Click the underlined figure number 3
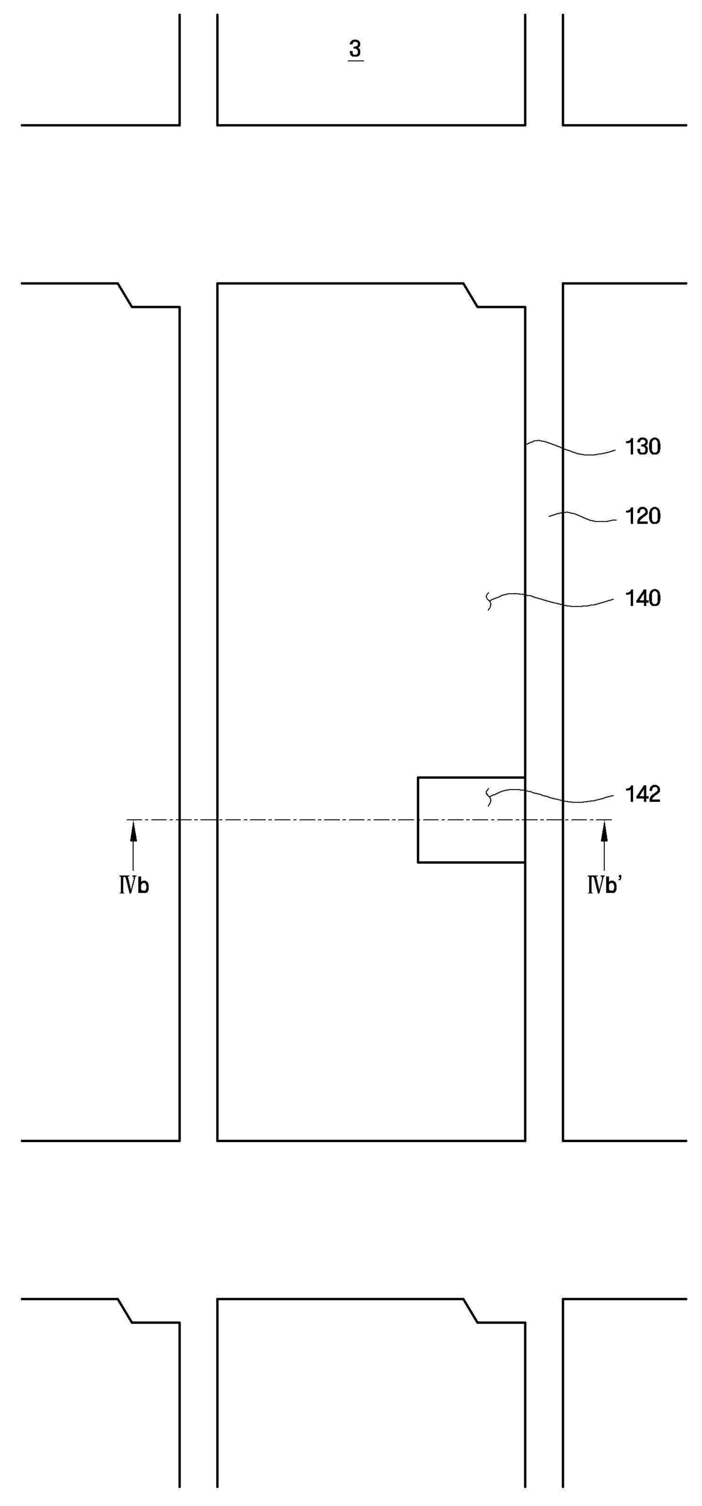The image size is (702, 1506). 355,50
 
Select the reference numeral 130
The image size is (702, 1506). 643,447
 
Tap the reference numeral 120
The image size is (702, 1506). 643,516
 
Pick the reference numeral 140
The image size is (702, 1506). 643,598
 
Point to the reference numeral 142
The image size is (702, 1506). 643,794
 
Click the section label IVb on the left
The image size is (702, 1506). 134,886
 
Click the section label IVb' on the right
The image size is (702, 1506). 605,886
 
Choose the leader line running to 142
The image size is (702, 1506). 550,796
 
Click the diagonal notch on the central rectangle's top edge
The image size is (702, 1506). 471,295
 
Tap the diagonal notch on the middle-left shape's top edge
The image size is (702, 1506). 125,295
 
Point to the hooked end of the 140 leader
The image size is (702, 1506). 489,602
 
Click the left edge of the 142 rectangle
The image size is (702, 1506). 418,819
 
